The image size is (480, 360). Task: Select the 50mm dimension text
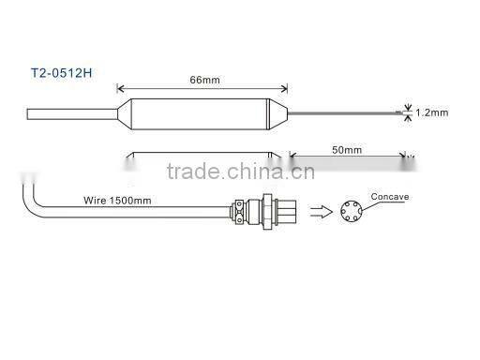coord(348,149)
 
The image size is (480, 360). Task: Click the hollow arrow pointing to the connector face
coord(320,210)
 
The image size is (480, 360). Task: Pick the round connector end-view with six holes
coord(352,212)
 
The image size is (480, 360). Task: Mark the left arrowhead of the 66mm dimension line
coord(120,90)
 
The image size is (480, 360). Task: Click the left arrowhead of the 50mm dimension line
coord(291,157)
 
